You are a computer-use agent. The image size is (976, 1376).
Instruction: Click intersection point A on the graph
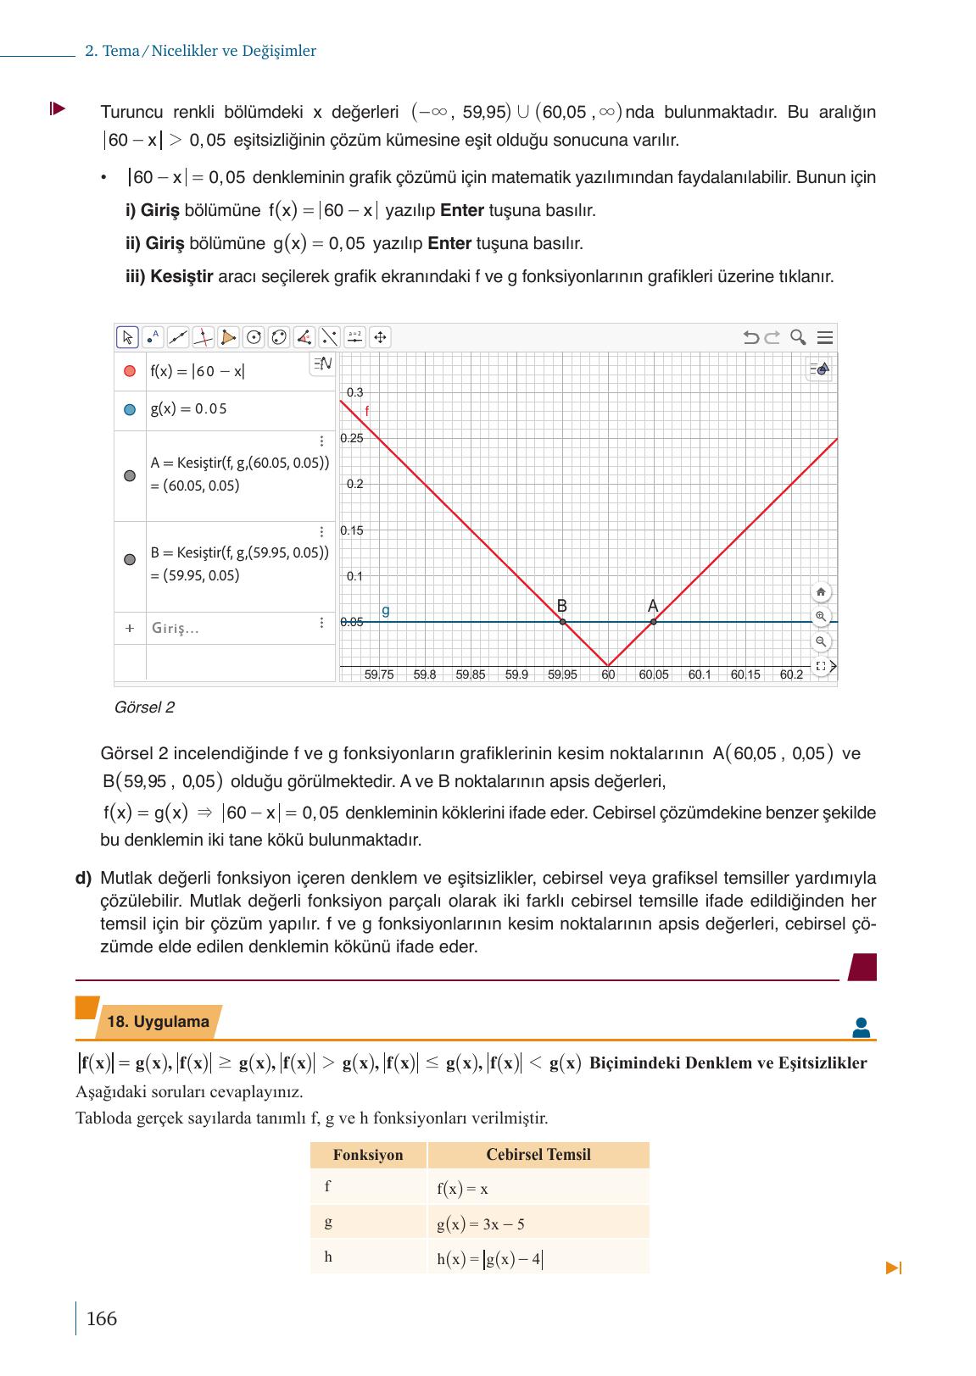653,622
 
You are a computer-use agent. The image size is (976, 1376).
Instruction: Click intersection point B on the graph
563,622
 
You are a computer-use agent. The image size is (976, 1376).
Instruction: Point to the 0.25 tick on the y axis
351,439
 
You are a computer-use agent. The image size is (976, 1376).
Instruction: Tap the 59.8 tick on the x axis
425,675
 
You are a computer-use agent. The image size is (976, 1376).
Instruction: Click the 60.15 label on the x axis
745,675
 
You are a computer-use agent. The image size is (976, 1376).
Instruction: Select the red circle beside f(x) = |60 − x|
130,371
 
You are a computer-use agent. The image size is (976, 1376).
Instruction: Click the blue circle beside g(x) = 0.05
130,409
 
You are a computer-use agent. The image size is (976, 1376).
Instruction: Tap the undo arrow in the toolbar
750,338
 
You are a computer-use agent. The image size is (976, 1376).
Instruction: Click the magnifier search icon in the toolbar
798,338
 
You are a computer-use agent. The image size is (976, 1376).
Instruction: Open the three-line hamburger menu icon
824,338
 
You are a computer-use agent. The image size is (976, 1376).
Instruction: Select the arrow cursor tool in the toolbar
127,338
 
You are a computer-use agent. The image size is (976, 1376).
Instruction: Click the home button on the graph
820,592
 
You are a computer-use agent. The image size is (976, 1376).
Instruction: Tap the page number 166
102,1319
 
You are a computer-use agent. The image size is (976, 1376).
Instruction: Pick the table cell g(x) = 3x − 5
481,1224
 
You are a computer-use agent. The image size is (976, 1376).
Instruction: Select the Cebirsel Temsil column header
538,1155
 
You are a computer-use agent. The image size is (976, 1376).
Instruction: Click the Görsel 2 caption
144,707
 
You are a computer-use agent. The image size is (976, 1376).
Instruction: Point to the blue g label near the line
386,610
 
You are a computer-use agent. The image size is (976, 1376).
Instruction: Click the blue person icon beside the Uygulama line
862,1028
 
